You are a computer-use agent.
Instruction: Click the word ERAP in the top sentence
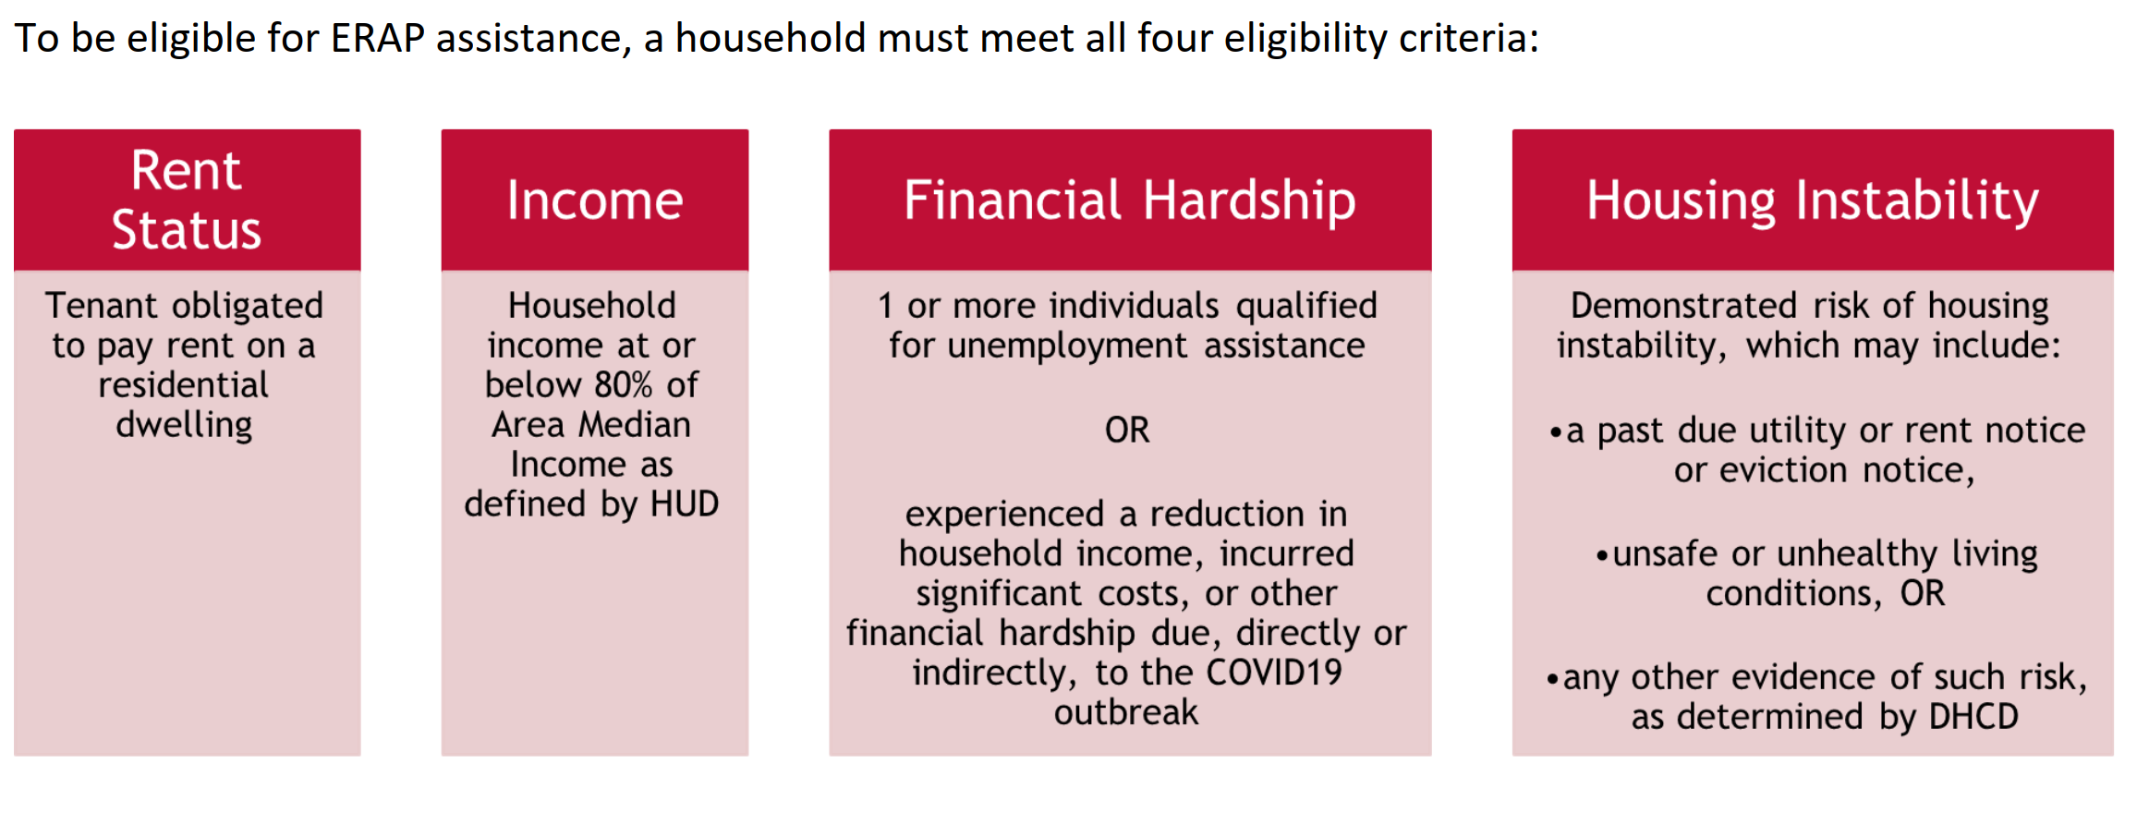[378, 39]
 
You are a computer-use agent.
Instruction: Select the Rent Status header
[187, 200]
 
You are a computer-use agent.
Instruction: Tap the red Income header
[595, 200]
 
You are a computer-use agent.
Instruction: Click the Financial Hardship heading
[1130, 200]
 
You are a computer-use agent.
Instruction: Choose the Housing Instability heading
[1813, 200]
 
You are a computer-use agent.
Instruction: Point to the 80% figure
[624, 385]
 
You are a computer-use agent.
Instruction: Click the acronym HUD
[685, 504]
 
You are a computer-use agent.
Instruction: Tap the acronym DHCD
[1974, 717]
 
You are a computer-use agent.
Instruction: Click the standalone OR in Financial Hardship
[1127, 431]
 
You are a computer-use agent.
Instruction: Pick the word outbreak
[1126, 712]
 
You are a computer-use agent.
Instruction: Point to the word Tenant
[102, 306]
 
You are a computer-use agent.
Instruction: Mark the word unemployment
[1067, 346]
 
